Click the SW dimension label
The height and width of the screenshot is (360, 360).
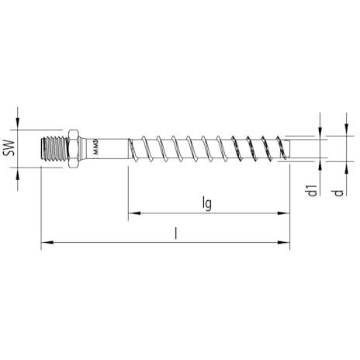(x=9, y=148)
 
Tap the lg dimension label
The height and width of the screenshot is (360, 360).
(x=207, y=204)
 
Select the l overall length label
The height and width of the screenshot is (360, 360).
(x=176, y=234)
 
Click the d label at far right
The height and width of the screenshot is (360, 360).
(x=338, y=192)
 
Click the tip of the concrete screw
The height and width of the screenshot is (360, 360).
(x=289, y=149)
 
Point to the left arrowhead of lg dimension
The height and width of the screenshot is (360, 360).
(x=134, y=213)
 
